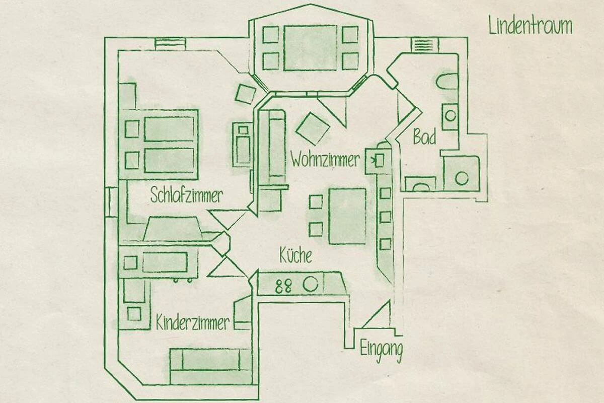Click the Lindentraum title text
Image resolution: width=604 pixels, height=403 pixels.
531,26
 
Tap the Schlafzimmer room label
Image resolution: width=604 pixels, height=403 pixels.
187,195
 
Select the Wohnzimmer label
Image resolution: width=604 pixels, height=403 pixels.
325,160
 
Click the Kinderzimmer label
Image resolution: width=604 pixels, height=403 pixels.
193,322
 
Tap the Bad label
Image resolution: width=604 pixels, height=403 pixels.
424,137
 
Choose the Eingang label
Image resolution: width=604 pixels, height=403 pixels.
382,351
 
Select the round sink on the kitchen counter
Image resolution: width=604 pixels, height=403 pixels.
311,284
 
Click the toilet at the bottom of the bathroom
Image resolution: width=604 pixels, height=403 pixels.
420,184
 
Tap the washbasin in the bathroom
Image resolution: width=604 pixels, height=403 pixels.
450,116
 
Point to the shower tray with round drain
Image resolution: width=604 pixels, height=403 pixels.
462,174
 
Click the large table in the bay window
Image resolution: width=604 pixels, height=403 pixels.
310,48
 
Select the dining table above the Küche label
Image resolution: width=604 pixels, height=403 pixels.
347,216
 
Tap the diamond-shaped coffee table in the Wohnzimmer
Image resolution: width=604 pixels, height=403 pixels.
313,128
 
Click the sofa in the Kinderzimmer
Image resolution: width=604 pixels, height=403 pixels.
211,366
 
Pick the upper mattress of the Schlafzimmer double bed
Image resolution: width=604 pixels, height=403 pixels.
169,129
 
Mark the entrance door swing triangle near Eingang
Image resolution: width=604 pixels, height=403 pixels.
376,314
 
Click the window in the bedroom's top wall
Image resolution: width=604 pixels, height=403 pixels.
171,44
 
